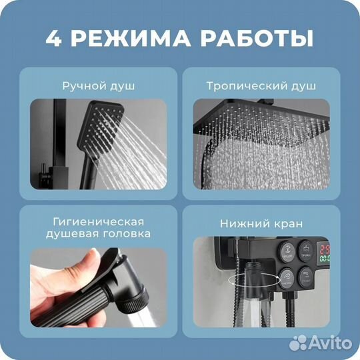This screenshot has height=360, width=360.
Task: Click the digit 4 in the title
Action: pos(53,37)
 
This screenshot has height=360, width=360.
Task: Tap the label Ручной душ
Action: pos(99,87)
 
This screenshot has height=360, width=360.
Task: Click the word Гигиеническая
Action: pos(99,221)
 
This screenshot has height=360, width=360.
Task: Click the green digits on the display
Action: pos(327,255)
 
